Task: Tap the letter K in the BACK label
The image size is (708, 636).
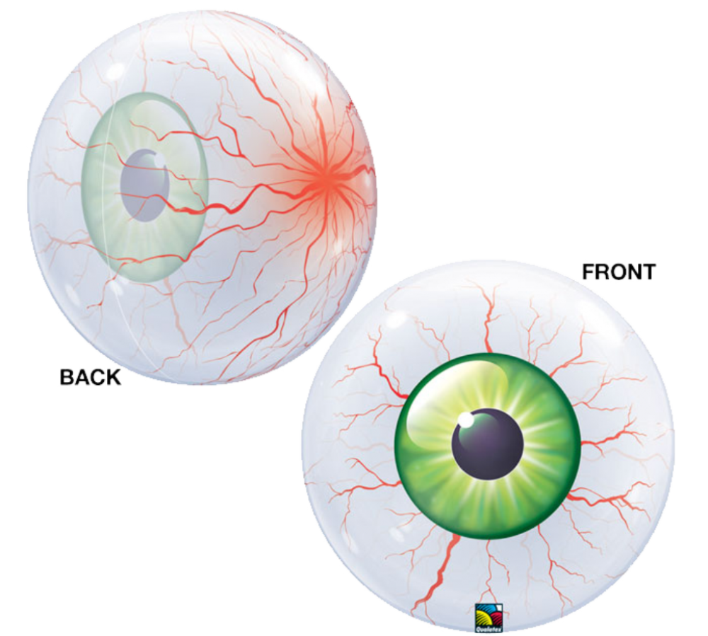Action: (113, 377)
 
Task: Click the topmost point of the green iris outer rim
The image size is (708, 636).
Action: (488, 353)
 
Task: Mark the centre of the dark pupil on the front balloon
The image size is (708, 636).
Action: (488, 444)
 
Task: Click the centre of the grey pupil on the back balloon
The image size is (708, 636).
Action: (145, 185)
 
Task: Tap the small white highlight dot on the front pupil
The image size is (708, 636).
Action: (464, 420)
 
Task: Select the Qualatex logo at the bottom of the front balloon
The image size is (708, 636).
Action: (489, 618)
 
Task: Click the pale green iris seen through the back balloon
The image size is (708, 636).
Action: (145, 187)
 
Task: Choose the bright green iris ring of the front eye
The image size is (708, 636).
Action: (488, 446)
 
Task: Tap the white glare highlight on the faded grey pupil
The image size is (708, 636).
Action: (159, 159)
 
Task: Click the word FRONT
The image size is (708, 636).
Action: (619, 272)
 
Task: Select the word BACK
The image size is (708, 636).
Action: (91, 377)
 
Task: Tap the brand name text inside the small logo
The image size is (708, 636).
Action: (489, 629)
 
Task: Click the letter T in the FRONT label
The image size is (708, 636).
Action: (648, 272)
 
